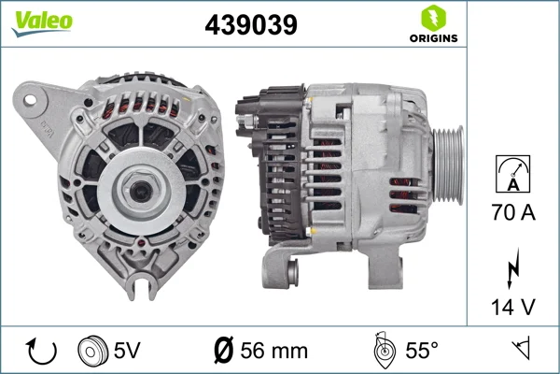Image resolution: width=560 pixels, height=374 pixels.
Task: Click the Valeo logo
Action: click(x=42, y=23)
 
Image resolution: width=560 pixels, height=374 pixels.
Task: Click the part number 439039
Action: click(x=251, y=24)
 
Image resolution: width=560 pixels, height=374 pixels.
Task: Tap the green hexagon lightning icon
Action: click(x=434, y=18)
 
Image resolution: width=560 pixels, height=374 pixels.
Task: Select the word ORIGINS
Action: click(x=434, y=38)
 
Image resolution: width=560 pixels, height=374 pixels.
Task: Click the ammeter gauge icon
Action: click(x=512, y=174)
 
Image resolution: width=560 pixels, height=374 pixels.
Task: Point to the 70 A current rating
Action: click(x=513, y=212)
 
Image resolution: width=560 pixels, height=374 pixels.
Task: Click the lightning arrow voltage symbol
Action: click(x=513, y=268)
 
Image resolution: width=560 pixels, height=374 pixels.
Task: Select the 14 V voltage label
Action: click(x=513, y=307)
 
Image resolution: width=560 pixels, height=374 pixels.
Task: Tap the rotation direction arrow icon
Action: click(x=41, y=352)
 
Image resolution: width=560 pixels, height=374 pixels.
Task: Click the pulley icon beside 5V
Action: click(x=92, y=351)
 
